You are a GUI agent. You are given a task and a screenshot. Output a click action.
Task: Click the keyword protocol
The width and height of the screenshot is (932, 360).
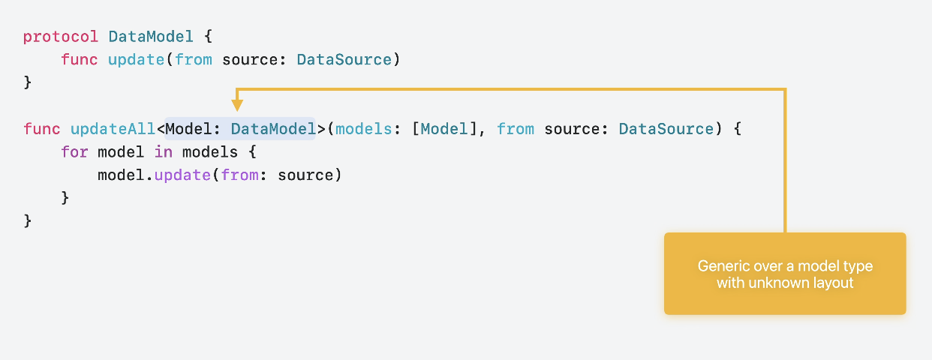tap(61, 36)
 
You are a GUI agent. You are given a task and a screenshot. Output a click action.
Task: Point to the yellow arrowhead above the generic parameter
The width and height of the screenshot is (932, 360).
tap(237, 105)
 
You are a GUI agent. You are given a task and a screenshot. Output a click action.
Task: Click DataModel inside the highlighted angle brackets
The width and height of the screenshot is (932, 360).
tap(273, 129)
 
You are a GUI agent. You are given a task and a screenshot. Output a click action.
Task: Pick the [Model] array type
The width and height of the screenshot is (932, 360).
tap(444, 129)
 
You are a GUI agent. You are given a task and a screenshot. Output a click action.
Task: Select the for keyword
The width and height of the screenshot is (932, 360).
tap(74, 152)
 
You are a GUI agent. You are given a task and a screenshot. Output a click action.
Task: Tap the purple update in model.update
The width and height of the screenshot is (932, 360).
tap(182, 175)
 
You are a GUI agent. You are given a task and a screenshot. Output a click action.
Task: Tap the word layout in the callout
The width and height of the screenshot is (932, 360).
tap(832, 283)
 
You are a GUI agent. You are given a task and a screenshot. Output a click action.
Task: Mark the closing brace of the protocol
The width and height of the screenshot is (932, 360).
tap(28, 82)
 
